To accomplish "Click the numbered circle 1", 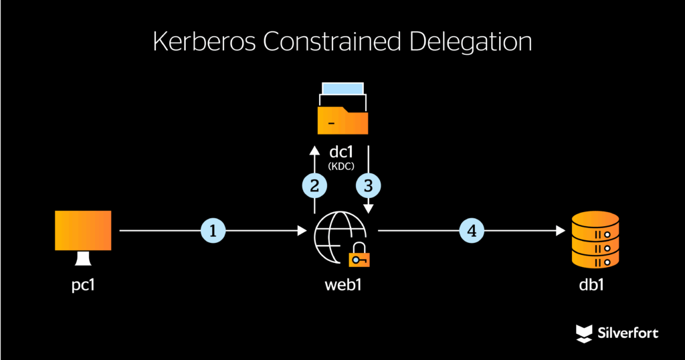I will [213, 232].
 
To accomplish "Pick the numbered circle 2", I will [314, 185].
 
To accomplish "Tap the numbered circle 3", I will [367, 185].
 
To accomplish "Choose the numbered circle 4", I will [472, 232].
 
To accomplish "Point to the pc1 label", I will [83, 285].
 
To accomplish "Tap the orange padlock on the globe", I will [360, 256].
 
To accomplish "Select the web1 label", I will [342, 285].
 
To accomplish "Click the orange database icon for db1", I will [596, 238].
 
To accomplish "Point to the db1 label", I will [596, 285].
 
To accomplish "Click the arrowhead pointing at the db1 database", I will [561, 232].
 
